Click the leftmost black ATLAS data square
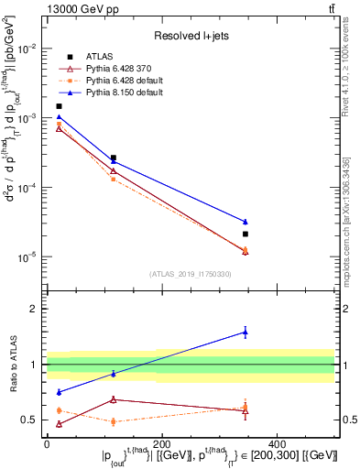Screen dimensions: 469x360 (60, 106)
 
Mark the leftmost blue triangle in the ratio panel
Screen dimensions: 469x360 (60, 392)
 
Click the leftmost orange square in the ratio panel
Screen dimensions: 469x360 (60, 410)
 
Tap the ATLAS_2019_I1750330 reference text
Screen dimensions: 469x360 (190, 273)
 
